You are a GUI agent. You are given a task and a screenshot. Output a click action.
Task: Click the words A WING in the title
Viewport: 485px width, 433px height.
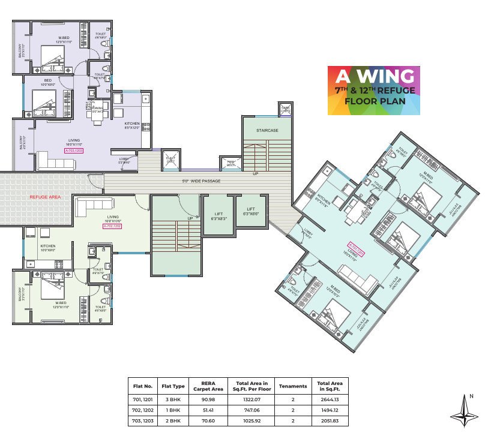[x=373, y=77]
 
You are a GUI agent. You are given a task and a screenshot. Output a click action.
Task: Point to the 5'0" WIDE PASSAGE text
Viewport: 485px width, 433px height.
[x=201, y=181]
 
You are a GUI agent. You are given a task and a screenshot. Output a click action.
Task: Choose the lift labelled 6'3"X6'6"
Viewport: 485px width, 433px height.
[x=251, y=212]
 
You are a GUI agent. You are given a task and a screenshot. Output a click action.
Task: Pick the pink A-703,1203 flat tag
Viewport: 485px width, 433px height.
[x=74, y=151]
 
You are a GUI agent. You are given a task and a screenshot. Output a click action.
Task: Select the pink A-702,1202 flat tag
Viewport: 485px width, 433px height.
[x=112, y=226]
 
